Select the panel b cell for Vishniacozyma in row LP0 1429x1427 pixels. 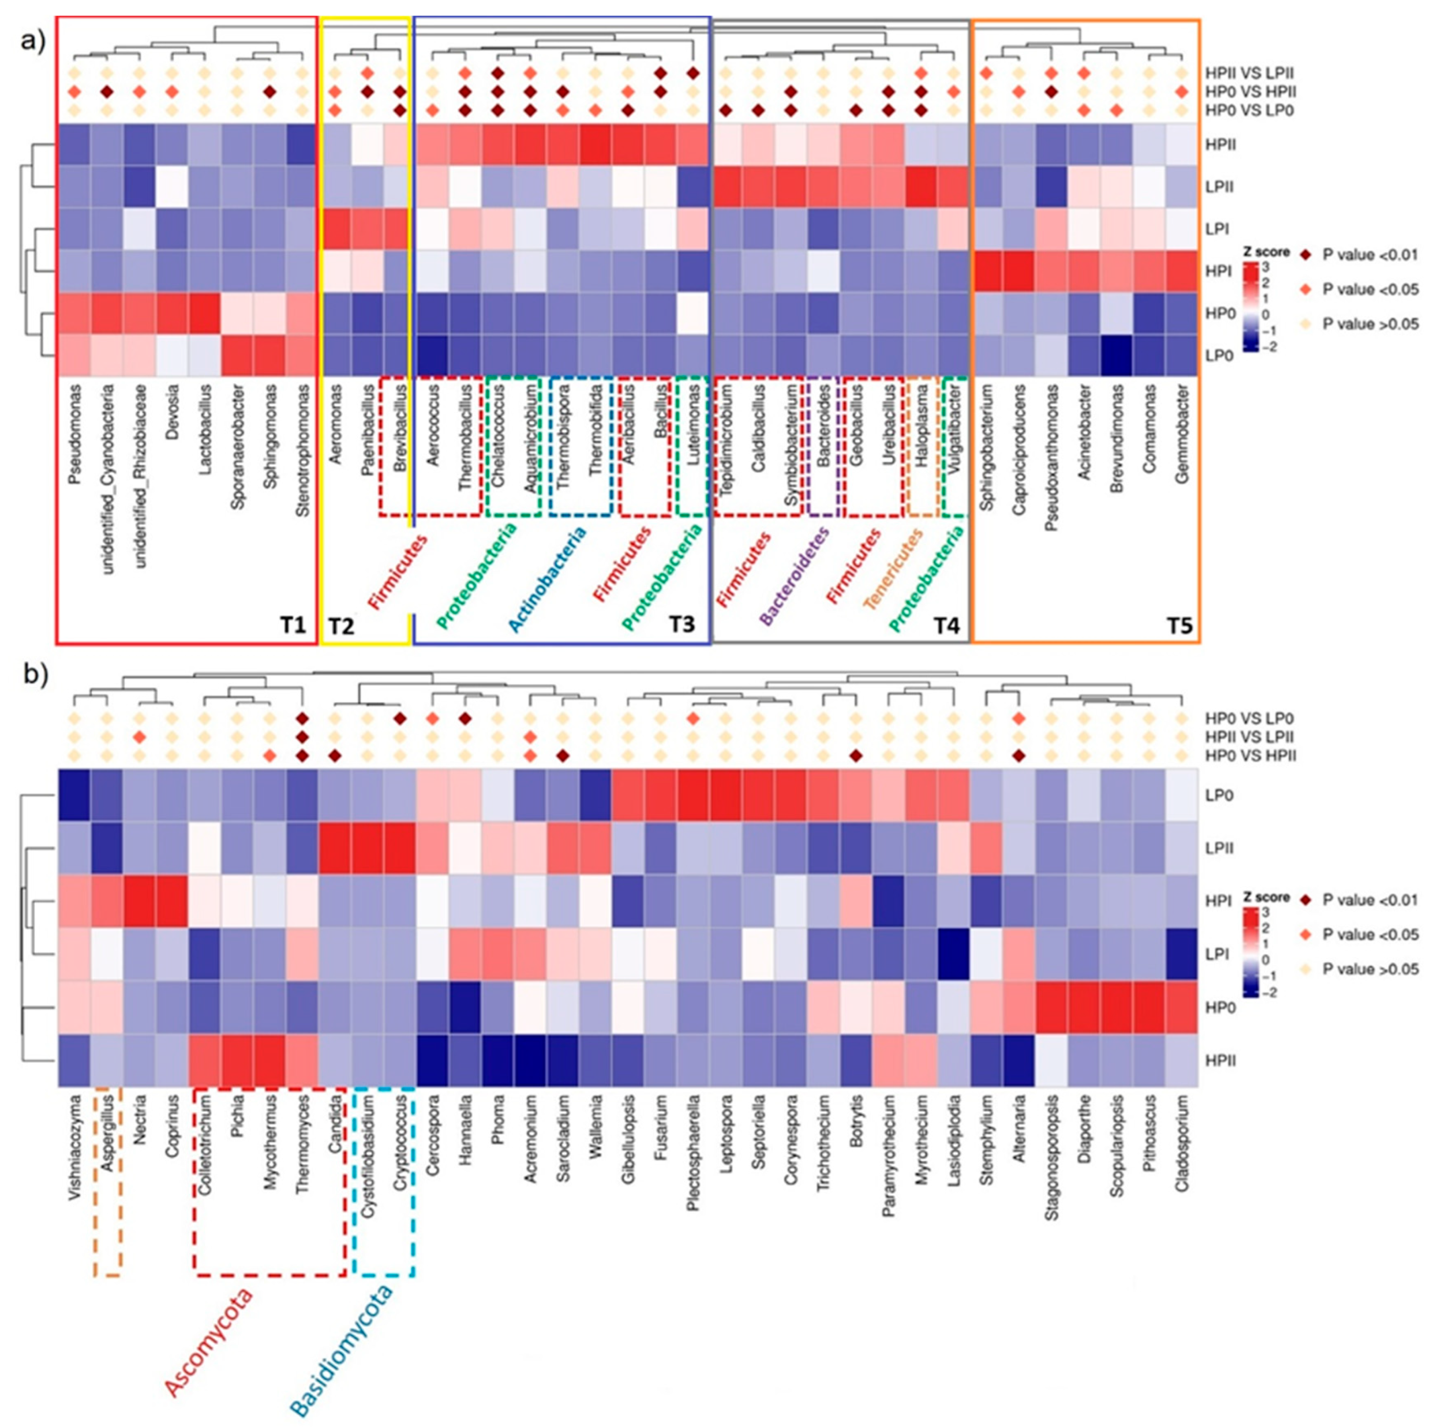(74, 795)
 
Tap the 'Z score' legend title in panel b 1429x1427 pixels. (1267, 897)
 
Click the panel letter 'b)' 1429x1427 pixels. (35, 677)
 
